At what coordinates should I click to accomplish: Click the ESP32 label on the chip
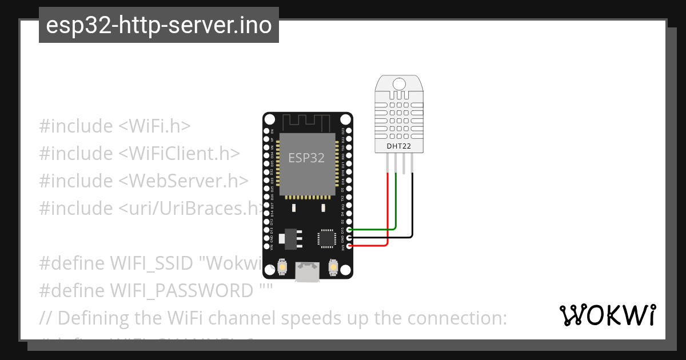pos(306,158)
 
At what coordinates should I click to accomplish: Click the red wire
pos(388,211)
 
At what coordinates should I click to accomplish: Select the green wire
pos(396,206)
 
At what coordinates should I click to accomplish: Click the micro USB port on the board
pos(308,272)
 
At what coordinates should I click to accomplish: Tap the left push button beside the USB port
pos(282,266)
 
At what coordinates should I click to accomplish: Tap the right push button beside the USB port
pos(333,266)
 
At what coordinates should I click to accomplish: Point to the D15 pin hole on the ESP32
pos(349,230)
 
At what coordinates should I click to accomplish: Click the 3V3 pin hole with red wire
pos(349,246)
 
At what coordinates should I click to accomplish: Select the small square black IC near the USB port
pos(326,238)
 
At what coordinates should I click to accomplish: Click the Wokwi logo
pos(608,315)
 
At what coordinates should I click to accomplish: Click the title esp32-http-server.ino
pos(159,25)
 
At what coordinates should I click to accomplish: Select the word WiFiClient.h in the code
pos(179,153)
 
